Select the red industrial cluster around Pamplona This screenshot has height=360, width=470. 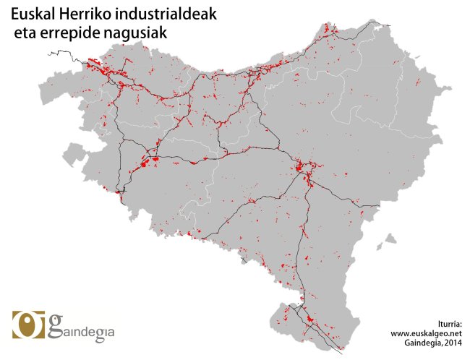click(304, 171)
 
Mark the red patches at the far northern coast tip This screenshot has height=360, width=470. click(330, 30)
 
